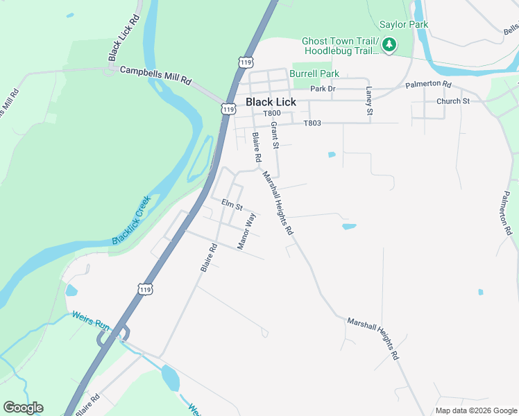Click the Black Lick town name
(x=271, y=102)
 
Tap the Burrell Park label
(x=314, y=73)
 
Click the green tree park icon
(x=389, y=45)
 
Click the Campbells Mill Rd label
(x=155, y=76)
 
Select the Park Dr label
(x=323, y=89)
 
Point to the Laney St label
(x=370, y=101)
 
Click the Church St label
(x=453, y=101)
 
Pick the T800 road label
(x=271, y=113)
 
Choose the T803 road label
(x=312, y=123)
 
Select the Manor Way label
(x=247, y=232)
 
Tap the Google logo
(x=23, y=408)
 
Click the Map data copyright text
(x=476, y=410)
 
